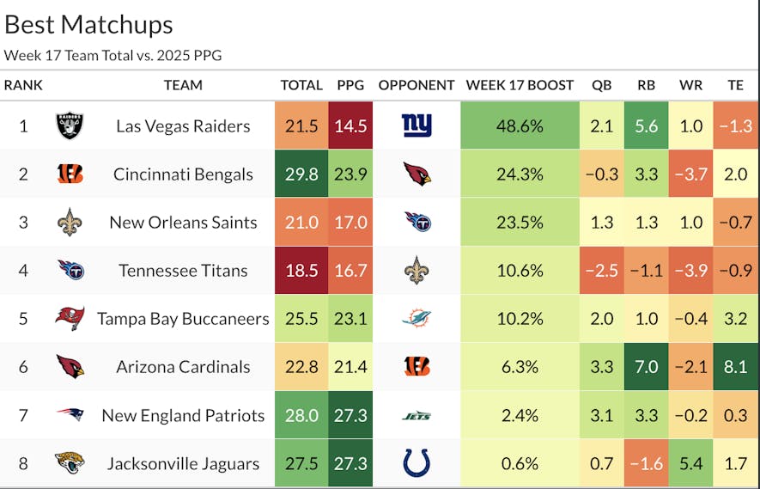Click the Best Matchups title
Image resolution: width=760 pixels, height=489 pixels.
[x=88, y=25]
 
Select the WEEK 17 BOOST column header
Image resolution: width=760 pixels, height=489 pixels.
[x=520, y=85]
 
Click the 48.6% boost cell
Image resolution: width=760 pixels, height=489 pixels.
[x=520, y=125]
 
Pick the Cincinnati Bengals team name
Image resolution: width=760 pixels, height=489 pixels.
[x=183, y=174]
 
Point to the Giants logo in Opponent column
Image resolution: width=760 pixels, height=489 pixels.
[x=416, y=125]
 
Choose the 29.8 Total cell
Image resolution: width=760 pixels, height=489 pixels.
[x=301, y=174]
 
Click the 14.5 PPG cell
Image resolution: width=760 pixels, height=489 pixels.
[x=350, y=125]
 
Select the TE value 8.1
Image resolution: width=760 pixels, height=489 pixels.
[x=735, y=367]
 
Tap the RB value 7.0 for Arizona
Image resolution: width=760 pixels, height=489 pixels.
[x=647, y=367]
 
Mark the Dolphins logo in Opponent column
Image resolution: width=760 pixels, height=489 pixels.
[x=416, y=319]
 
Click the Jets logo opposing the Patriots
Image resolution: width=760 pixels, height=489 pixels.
[x=416, y=416]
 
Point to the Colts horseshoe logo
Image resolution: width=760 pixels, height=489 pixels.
[x=416, y=464]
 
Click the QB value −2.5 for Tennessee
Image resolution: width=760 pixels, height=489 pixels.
[x=602, y=271]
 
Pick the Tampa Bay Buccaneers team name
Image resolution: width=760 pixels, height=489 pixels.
[x=183, y=319]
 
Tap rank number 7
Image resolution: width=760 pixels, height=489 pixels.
[x=23, y=416]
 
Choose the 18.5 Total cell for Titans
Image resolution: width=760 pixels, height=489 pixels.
[x=301, y=271]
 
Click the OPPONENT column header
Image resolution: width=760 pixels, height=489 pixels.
[x=416, y=85]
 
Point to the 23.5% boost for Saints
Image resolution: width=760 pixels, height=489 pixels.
[x=520, y=222]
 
